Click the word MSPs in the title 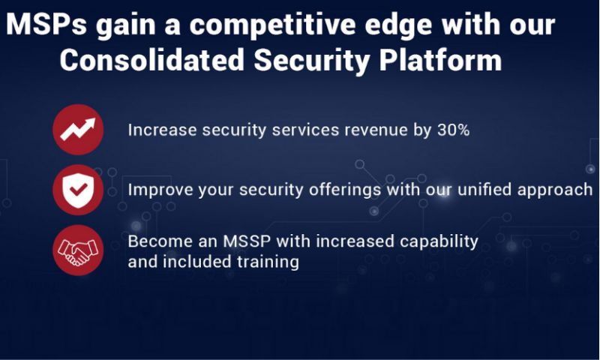pos(46,25)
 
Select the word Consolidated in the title pos(152,60)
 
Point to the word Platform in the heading pos(440,60)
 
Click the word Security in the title pos(312,61)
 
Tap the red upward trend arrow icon pos(78,130)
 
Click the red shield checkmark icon pos(78,190)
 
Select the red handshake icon pos(78,250)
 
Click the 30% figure pos(454,130)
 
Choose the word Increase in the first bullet pos(162,130)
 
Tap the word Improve pos(160,190)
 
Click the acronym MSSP pos(247,241)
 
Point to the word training pos(268,262)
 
